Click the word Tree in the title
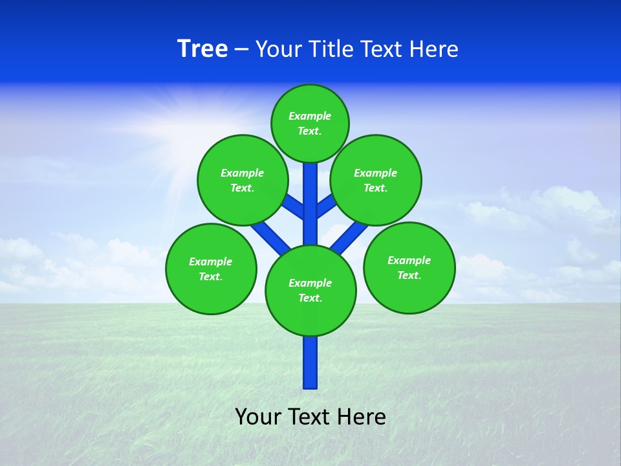click(x=202, y=49)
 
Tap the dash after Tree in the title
click(x=241, y=50)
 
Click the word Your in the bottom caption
click(x=259, y=417)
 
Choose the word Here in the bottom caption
click(x=362, y=417)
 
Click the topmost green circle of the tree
click(x=310, y=123)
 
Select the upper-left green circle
click(x=243, y=180)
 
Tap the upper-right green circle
click(x=376, y=180)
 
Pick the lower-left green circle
click(x=211, y=269)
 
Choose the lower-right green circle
click(x=409, y=267)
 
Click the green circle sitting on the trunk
click(x=310, y=291)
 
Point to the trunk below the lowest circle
click(x=310, y=362)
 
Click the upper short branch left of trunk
click(x=294, y=208)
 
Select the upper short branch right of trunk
click(x=325, y=206)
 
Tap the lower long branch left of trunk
click(x=270, y=236)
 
